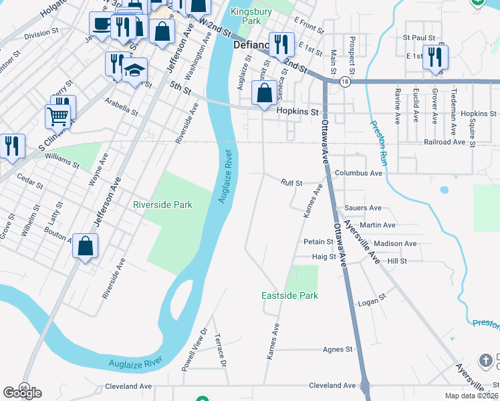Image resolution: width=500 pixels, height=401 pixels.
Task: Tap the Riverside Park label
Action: click(162, 205)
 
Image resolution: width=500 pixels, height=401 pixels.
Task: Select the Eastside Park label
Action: click(289, 295)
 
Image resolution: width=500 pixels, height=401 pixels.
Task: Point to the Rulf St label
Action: click(291, 182)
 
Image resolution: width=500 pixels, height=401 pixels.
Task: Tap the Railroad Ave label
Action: click(444, 142)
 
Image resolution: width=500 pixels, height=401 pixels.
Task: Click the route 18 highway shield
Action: click(344, 82)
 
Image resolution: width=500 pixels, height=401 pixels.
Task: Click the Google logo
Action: click(22, 393)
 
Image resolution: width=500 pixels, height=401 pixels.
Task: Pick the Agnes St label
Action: click(337, 350)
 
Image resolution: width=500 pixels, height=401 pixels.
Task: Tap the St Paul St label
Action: click(420, 39)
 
